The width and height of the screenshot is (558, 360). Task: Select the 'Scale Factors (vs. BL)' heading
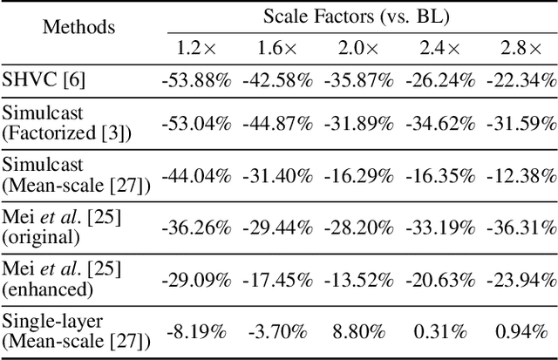pyautogui.click(x=357, y=16)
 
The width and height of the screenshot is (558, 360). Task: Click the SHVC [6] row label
pyautogui.click(x=42, y=81)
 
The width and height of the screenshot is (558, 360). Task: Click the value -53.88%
pyautogui.click(x=196, y=81)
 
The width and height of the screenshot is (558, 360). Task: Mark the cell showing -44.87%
pyautogui.click(x=277, y=122)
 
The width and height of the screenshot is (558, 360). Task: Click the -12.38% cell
pyautogui.click(x=520, y=174)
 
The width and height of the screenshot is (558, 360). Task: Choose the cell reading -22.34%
pyautogui.click(x=520, y=81)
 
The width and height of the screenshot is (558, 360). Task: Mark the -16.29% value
pyautogui.click(x=358, y=174)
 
